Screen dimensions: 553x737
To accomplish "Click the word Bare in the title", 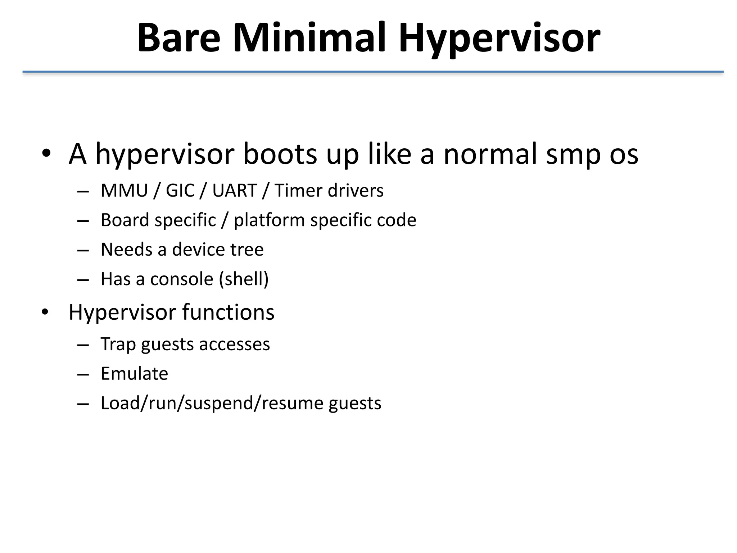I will click(178, 38).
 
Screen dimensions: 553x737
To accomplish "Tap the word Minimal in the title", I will click(309, 38).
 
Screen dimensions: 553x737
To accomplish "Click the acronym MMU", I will click(125, 190).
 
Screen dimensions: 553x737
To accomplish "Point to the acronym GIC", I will click(180, 190).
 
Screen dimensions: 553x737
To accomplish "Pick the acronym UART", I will click(235, 190).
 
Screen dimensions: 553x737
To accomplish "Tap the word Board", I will click(125, 220).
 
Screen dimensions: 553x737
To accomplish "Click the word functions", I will click(228, 312).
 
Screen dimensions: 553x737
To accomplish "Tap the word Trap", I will click(118, 345).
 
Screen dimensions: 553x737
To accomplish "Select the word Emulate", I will click(134, 374).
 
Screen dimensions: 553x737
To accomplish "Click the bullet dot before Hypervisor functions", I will click(45, 312).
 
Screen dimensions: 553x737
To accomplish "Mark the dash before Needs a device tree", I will click(83, 250).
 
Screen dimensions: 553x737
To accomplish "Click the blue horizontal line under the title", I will click(373, 72).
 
